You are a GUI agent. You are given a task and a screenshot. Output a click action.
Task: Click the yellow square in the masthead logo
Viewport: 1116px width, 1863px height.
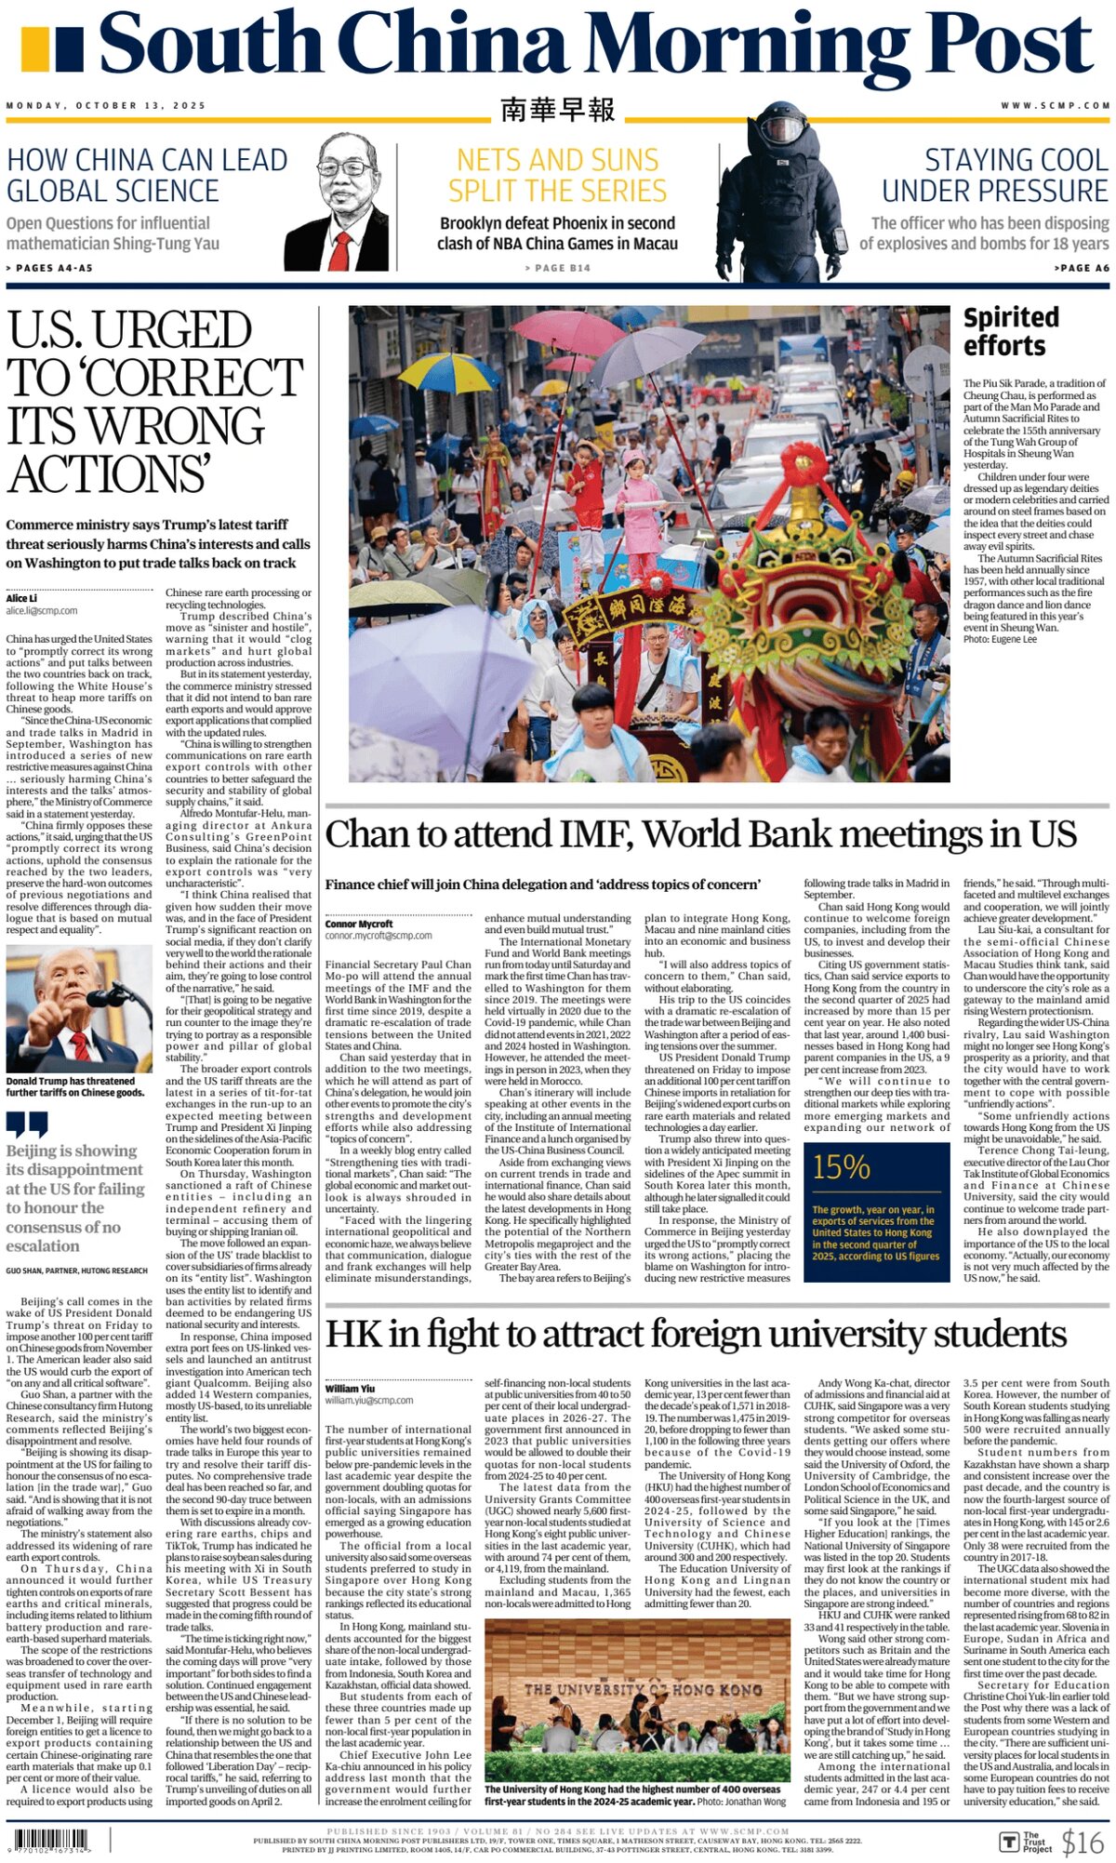34,49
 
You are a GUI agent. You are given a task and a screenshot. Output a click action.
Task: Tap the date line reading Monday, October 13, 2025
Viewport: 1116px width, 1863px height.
106,106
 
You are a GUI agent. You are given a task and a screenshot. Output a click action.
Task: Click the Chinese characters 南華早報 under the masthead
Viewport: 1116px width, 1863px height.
557,110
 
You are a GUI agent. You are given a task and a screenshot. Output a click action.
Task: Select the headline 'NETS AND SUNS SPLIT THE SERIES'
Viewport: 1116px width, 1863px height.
557,175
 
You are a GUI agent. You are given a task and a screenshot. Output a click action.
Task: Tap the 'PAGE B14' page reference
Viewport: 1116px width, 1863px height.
557,268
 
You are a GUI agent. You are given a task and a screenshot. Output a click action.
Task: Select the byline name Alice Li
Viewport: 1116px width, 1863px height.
22,598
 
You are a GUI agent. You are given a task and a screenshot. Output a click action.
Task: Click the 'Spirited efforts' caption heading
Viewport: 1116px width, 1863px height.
1010,331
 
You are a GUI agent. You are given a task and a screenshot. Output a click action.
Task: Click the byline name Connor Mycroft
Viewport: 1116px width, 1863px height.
359,924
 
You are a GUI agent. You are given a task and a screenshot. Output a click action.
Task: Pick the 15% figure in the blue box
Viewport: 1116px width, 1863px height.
841,1167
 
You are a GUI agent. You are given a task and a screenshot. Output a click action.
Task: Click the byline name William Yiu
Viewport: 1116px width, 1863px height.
350,1389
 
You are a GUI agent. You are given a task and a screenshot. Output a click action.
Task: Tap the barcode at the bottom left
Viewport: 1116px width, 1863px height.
54,1840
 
